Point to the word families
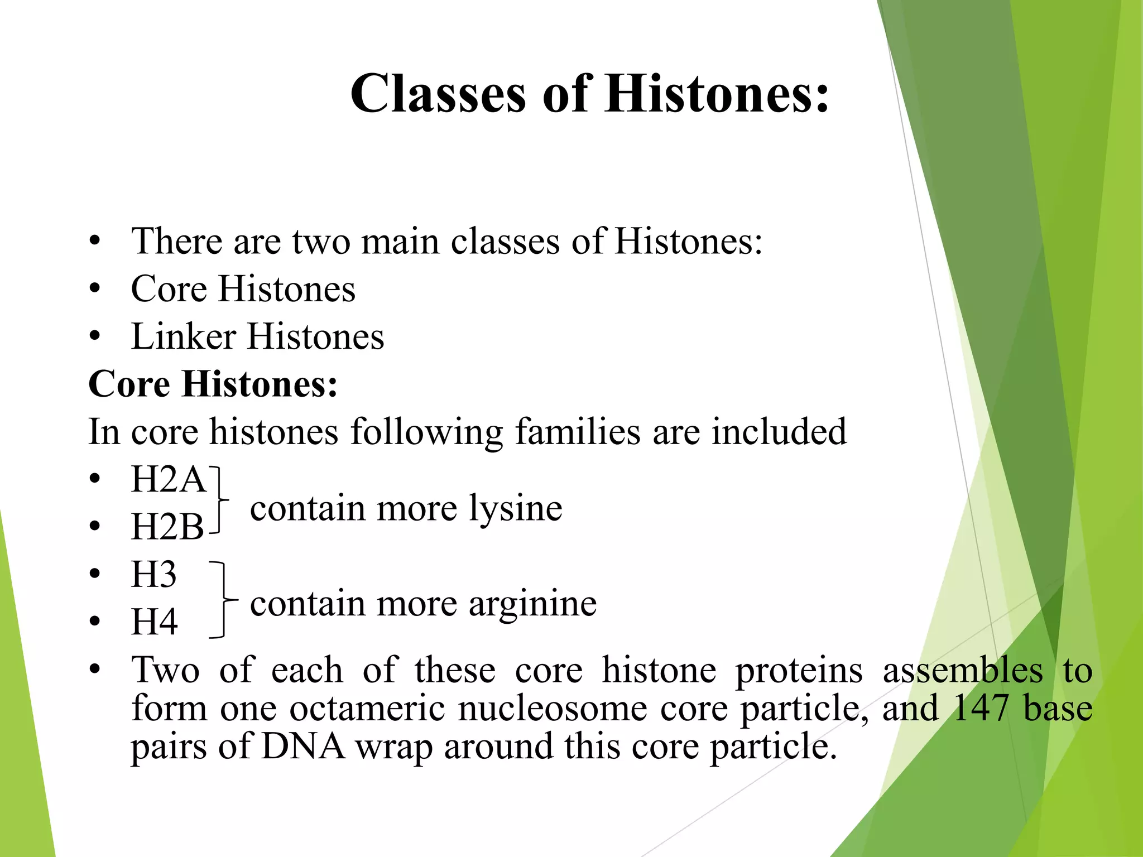click(577, 432)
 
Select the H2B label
click(167, 527)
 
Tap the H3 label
click(153, 575)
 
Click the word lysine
click(515, 508)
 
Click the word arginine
click(532, 604)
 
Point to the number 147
click(981, 708)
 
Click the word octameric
click(367, 708)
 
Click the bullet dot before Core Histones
click(95, 290)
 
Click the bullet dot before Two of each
click(95, 669)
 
